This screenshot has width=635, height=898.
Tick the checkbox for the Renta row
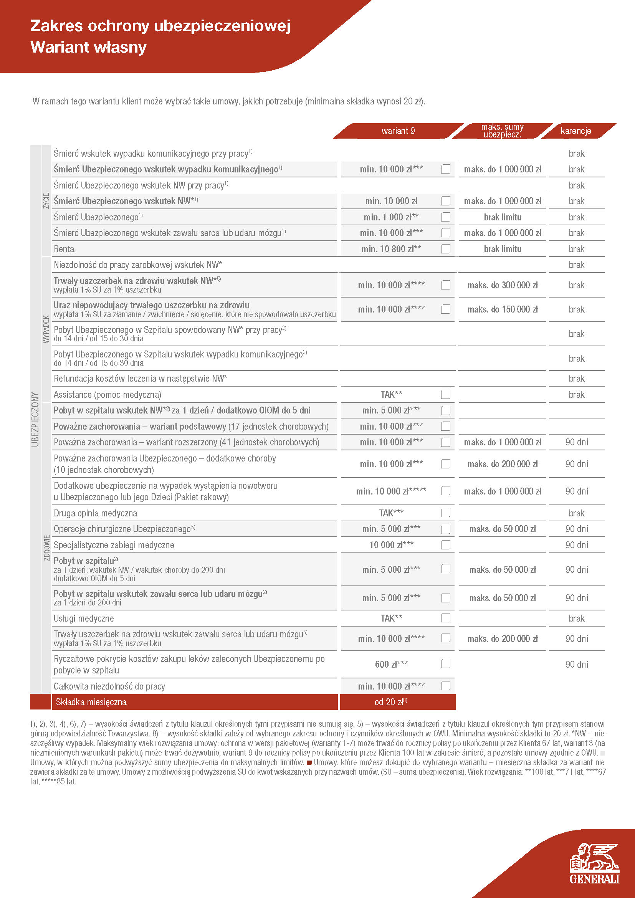pyautogui.click(x=445, y=249)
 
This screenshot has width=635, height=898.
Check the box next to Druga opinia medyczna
pyautogui.click(x=445, y=513)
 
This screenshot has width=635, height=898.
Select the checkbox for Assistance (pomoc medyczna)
pyautogui.click(x=445, y=394)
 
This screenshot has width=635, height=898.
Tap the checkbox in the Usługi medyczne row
pyautogui.click(x=445, y=618)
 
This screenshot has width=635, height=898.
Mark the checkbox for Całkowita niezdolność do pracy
pyautogui.click(x=445, y=686)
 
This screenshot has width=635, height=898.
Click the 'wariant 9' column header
pyautogui.click(x=398, y=131)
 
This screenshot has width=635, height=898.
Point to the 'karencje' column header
pyautogui.click(x=575, y=131)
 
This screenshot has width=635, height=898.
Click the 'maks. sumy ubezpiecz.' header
pyautogui.click(x=502, y=131)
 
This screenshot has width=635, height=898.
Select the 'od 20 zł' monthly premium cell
pyautogui.click(x=390, y=702)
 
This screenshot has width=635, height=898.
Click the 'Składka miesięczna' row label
pyautogui.click(x=91, y=702)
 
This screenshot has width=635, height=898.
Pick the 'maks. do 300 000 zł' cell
pyautogui.click(x=503, y=285)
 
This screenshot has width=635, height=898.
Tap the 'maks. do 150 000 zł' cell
pyautogui.click(x=503, y=309)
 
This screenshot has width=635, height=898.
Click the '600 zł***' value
pyautogui.click(x=391, y=664)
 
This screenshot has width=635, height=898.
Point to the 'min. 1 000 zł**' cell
pyautogui.click(x=391, y=217)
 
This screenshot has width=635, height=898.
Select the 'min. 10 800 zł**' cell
pyautogui.click(x=391, y=249)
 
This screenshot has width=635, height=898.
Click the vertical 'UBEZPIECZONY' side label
pyautogui.click(x=35, y=419)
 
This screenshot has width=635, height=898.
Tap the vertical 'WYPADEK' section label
pyautogui.click(x=46, y=329)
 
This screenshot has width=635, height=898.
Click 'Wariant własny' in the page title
pyautogui.click(x=88, y=47)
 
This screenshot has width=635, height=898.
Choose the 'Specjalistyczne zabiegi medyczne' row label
pyautogui.click(x=114, y=545)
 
